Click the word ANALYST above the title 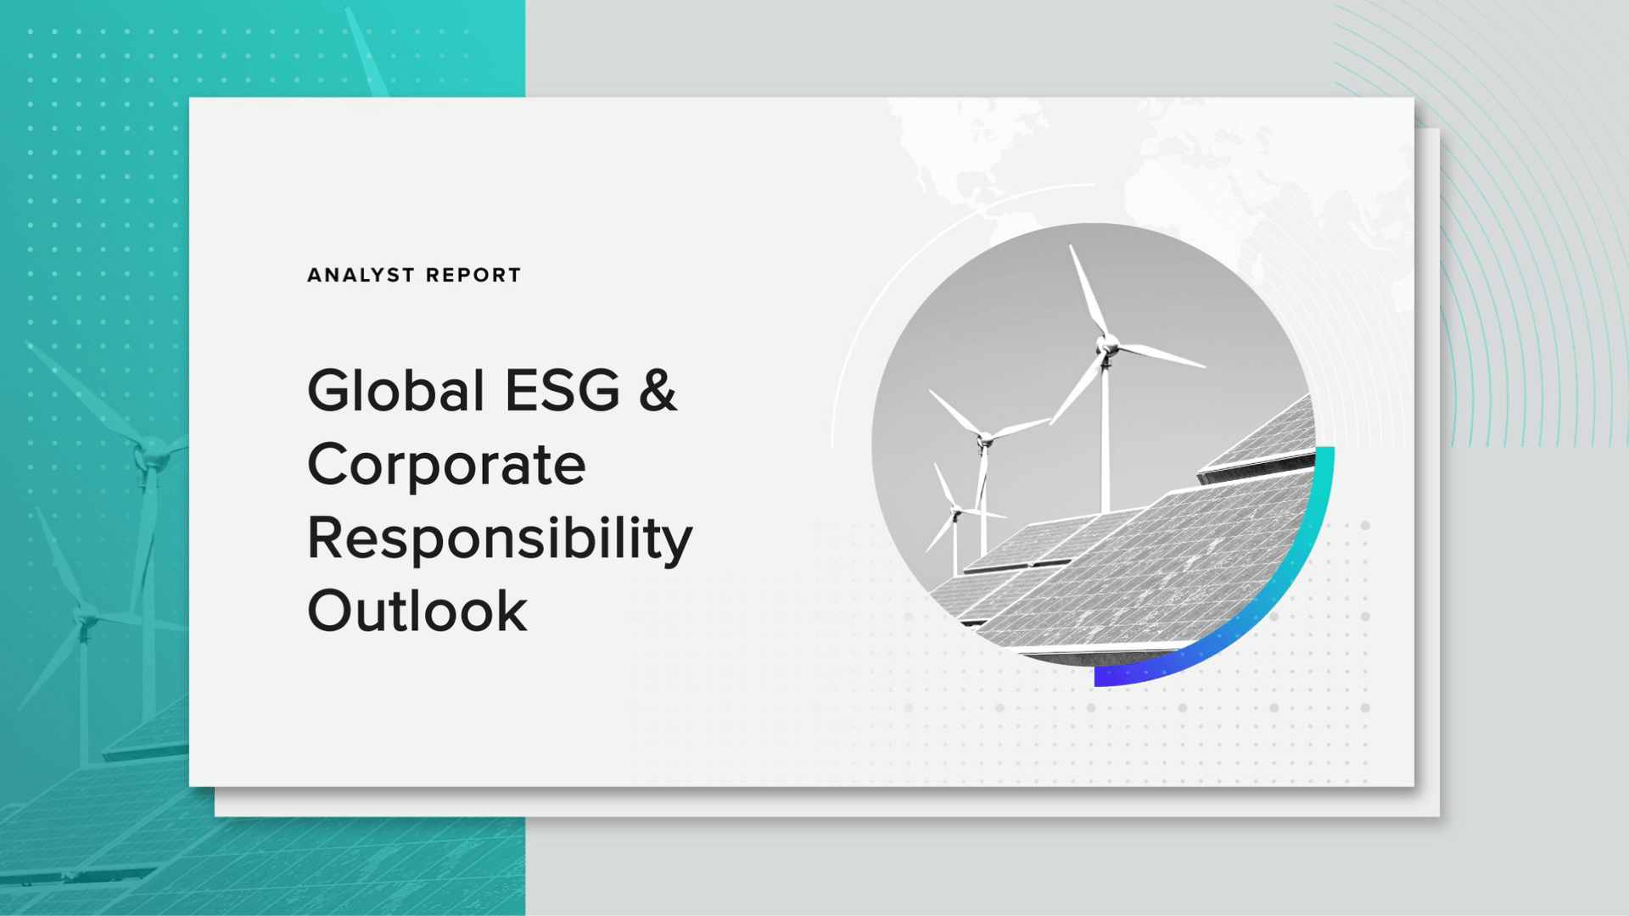tap(361, 276)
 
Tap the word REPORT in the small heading tap(473, 276)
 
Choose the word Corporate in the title tap(446, 465)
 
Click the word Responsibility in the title tap(500, 539)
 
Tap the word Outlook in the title tap(417, 611)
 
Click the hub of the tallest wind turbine tap(1106, 345)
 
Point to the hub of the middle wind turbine tap(984, 439)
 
